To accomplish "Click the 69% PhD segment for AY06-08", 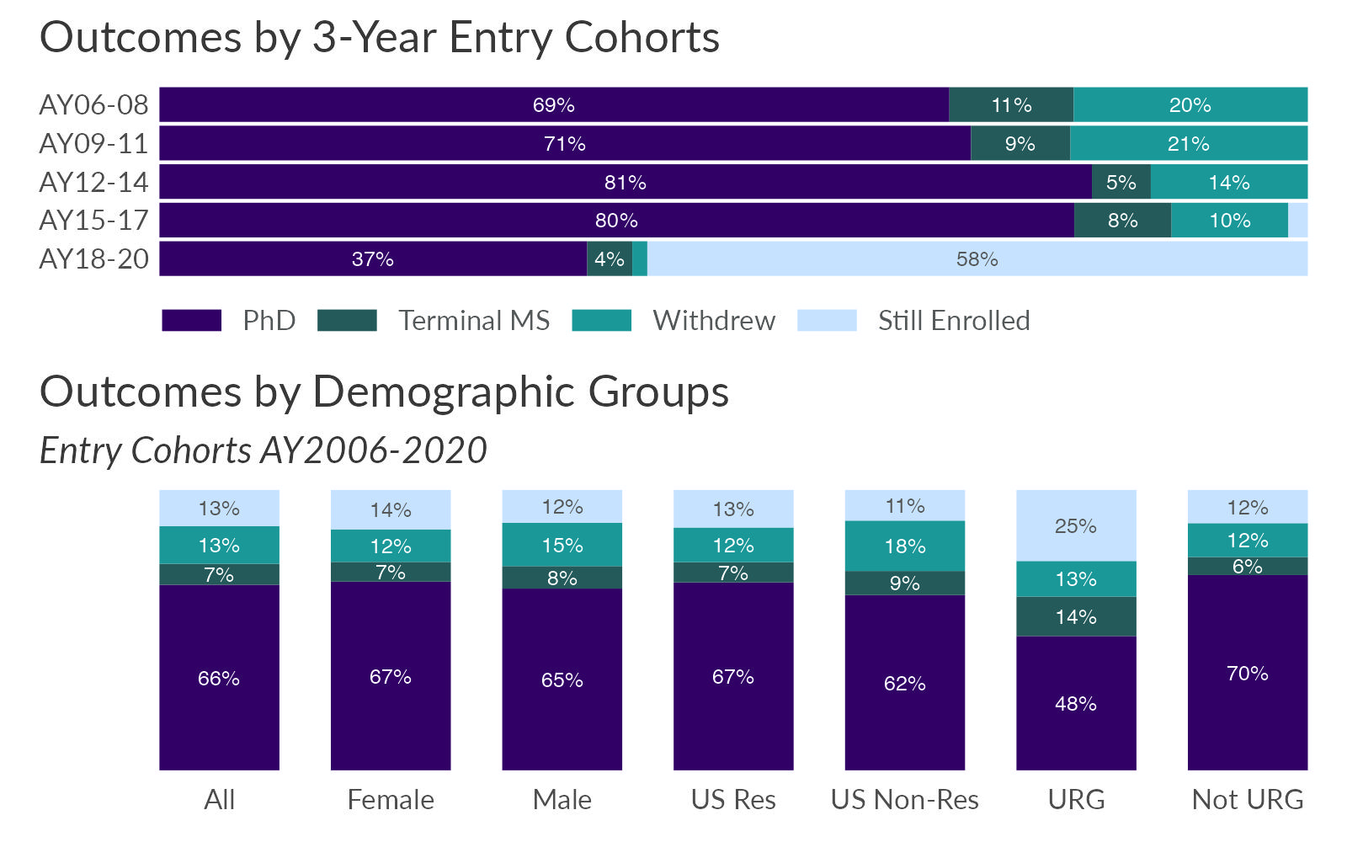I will (553, 105).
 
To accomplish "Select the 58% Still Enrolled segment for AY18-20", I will (977, 259).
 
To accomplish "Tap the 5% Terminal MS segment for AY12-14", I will (1121, 183).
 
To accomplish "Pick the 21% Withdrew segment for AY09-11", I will (1188, 144).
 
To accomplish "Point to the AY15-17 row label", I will (93, 221).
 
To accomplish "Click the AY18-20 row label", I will (93, 259).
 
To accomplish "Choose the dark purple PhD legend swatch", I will (191, 321).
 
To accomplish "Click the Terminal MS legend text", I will (474, 321).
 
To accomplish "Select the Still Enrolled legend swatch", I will (826, 321).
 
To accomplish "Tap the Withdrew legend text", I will (714, 321).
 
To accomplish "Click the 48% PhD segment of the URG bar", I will (1076, 703).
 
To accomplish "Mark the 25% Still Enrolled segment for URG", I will (1076, 526).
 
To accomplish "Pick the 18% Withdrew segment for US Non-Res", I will (905, 546).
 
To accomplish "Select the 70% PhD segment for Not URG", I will (1247, 673).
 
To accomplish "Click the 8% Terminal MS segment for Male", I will (562, 578).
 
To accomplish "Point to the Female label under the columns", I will (391, 800).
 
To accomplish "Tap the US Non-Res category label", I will (905, 800).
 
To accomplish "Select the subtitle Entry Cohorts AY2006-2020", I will (264, 450).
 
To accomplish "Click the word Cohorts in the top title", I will (642, 38).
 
